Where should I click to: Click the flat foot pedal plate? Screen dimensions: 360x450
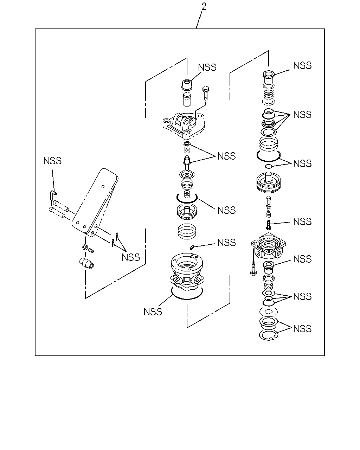95,202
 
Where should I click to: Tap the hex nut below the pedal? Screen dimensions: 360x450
85,247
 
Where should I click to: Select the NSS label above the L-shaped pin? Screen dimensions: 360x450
52,161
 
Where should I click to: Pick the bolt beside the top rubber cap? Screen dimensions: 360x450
206,94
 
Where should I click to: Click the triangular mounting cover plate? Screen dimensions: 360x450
184,126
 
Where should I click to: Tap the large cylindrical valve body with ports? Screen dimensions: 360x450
187,271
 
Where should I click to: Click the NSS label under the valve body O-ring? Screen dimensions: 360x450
153,312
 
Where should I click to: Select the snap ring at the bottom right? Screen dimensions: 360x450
269,335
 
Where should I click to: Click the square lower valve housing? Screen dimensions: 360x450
269,246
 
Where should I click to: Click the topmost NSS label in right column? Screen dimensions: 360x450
302,65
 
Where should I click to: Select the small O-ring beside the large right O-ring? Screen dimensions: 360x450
268,166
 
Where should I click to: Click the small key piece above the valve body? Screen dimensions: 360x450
191,247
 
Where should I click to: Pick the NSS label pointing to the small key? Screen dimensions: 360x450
226,243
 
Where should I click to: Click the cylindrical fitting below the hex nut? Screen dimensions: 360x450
86,263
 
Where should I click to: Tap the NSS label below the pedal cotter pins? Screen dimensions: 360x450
131,257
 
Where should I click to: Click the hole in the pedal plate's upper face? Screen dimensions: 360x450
103,187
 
